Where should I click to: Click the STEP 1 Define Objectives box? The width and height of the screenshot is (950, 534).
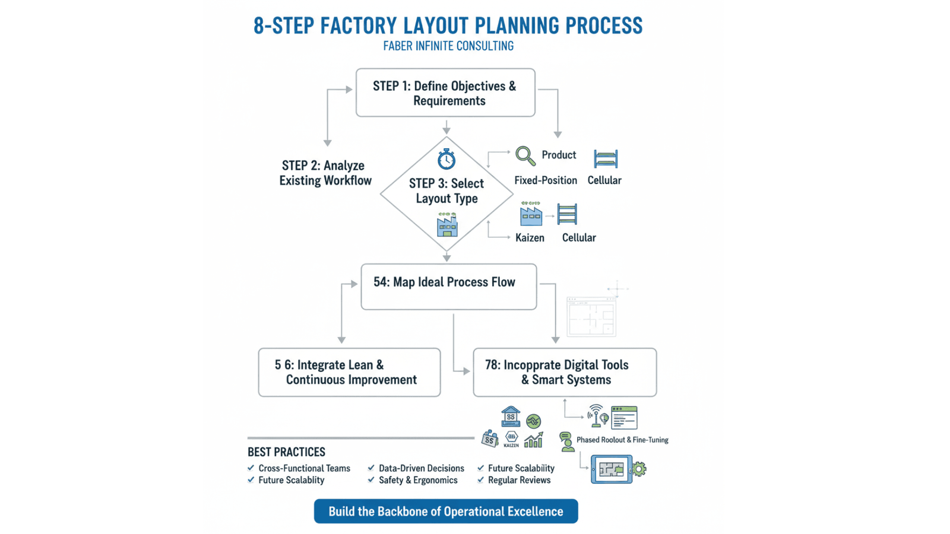445,93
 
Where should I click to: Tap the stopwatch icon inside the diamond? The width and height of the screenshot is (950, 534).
446,159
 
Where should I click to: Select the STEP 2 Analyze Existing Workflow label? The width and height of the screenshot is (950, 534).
325,173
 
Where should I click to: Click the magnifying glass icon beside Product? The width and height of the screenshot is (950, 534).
525,156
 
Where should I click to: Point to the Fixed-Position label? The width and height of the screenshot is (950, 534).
545,180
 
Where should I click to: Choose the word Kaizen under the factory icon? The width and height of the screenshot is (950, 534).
530,238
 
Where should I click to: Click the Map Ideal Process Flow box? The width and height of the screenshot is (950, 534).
448,287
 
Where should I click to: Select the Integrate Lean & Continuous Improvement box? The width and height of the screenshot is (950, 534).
349,372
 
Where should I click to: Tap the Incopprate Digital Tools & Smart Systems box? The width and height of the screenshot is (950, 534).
565,372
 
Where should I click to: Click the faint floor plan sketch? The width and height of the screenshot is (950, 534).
591,316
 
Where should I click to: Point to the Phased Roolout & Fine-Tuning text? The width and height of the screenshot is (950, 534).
622,440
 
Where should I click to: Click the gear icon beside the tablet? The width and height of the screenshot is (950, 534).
639,469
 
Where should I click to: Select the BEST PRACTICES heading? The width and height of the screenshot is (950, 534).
286,452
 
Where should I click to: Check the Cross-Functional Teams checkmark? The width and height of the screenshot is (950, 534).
251,468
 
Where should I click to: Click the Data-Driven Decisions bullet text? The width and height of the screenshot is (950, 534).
421,468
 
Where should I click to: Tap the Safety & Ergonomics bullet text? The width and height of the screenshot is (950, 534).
418,480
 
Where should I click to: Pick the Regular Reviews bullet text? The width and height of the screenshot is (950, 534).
519,480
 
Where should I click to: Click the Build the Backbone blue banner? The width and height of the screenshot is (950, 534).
445,511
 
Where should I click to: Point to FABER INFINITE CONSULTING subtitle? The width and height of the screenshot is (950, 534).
448,46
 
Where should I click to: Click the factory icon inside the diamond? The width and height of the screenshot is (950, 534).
447,225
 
